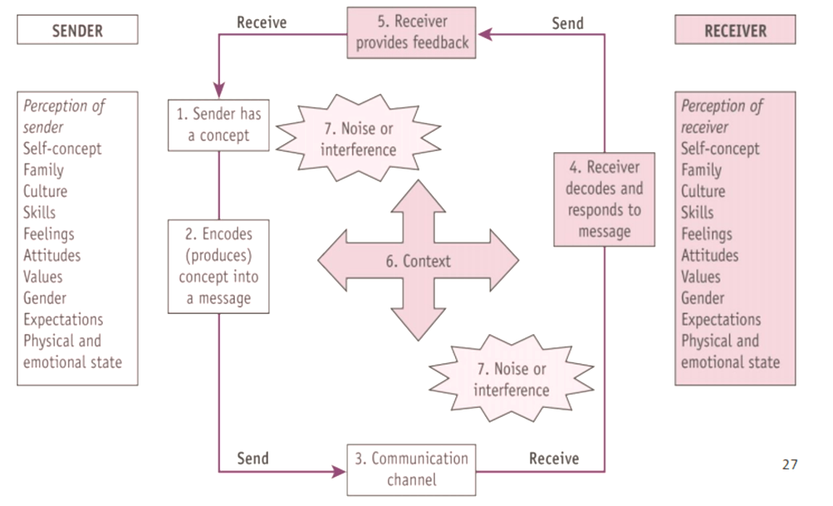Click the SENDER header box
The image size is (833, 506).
(x=77, y=30)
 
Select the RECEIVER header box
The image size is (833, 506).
(x=735, y=30)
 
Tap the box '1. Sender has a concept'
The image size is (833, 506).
(x=218, y=125)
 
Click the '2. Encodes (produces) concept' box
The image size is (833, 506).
(x=218, y=266)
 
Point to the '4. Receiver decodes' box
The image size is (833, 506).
(x=604, y=199)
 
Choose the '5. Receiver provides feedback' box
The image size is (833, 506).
(x=412, y=33)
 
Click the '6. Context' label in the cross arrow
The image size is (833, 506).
(x=418, y=261)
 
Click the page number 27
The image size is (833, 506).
(x=789, y=464)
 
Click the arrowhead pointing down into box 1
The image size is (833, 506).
(x=219, y=90)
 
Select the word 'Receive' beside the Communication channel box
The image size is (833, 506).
(x=554, y=458)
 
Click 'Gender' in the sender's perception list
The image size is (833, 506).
(x=45, y=298)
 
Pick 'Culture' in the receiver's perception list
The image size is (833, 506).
(x=703, y=191)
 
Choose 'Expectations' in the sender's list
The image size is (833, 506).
(x=63, y=320)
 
